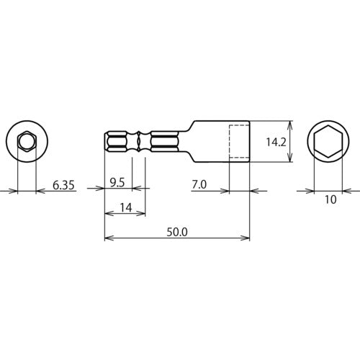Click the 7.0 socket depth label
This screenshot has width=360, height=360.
[x=199, y=184]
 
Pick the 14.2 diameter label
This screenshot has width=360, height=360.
[x=276, y=142]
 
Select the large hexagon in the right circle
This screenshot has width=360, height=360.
[x=330, y=141]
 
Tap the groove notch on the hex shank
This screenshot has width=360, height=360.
[x=138, y=141]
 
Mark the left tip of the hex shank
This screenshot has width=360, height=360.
[x=104, y=141]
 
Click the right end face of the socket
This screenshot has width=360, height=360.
[x=249, y=142]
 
